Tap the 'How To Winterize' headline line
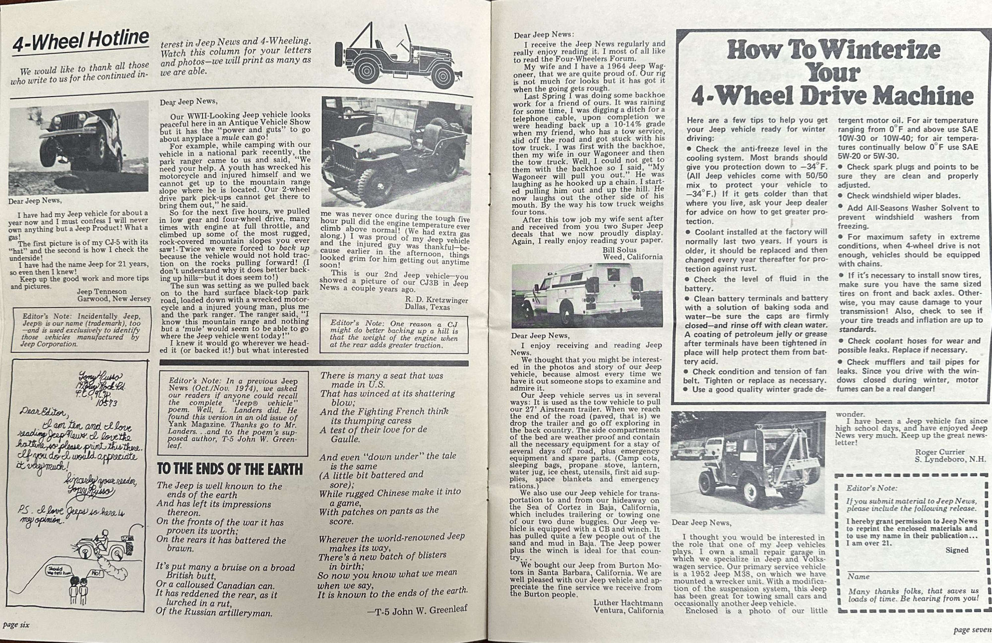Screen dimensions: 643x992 (x=833, y=50)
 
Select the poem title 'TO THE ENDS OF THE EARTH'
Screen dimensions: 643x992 (x=229, y=469)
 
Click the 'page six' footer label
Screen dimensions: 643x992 (x=16, y=625)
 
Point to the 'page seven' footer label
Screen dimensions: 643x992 (x=973, y=630)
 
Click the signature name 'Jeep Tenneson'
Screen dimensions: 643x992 (x=102, y=291)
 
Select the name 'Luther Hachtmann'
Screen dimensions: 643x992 (x=628, y=603)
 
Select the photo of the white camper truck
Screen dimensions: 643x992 (x=587, y=295)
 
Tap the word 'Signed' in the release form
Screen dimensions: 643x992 (x=957, y=550)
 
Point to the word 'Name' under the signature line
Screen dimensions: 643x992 (x=859, y=576)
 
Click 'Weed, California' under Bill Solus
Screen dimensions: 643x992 (x=632, y=257)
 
